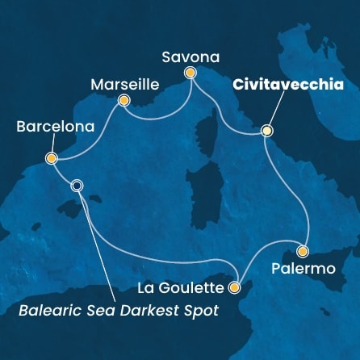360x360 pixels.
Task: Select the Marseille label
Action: point(124,84)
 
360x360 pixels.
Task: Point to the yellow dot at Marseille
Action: point(124,101)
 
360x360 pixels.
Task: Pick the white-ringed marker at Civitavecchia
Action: point(266,130)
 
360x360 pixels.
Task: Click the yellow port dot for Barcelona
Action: point(51,159)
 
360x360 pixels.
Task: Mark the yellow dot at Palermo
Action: point(303,251)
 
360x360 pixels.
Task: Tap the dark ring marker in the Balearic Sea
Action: point(77,185)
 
